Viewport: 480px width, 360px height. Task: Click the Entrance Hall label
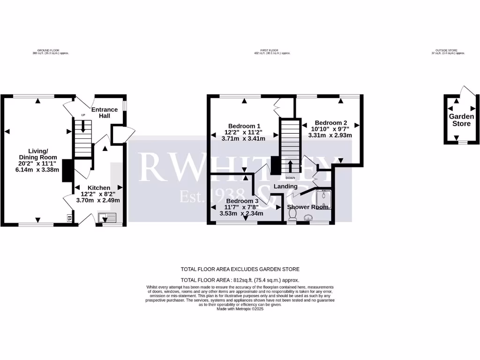coord(104,113)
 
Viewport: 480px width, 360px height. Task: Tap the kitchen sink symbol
coord(108,218)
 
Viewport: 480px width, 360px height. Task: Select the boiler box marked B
coord(69,218)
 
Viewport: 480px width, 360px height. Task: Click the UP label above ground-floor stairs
coord(83,115)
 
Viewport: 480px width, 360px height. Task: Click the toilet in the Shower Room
coord(293,214)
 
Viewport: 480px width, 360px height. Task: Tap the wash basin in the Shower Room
coord(309,217)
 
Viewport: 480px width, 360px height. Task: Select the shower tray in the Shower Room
coord(324,199)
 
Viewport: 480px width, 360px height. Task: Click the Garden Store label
coord(461,120)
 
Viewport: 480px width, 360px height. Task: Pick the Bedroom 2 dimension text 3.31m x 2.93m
coord(330,135)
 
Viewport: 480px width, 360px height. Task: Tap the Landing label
coord(286,187)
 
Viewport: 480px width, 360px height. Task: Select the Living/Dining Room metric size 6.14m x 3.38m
coord(37,170)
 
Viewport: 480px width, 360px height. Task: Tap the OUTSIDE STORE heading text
coord(448,50)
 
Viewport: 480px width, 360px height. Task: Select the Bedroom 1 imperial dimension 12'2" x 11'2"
coord(244,132)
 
